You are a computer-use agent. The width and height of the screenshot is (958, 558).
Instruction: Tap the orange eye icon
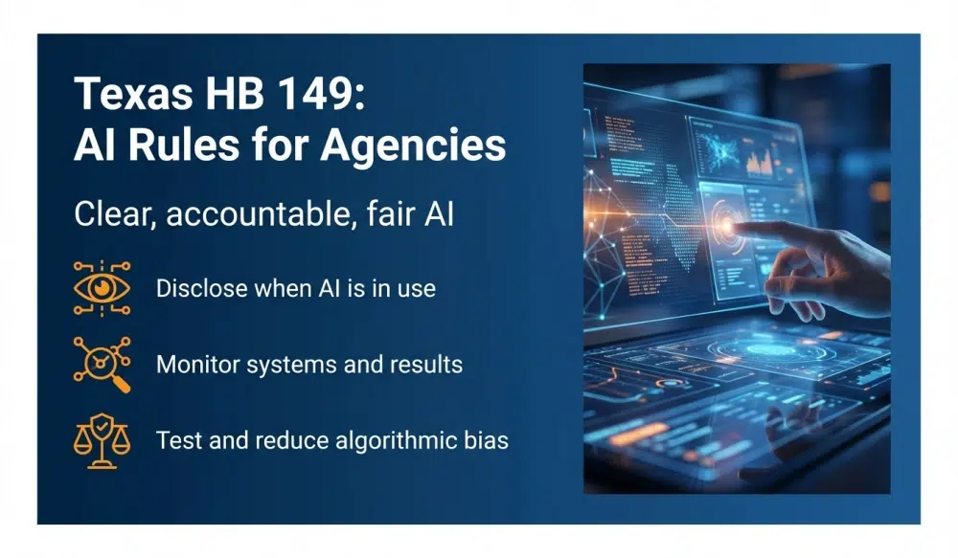(x=102, y=286)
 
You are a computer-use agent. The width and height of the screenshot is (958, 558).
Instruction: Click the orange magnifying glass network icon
(x=102, y=364)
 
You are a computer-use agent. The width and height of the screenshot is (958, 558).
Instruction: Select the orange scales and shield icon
(x=102, y=440)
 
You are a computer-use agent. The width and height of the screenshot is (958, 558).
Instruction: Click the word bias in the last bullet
(x=485, y=440)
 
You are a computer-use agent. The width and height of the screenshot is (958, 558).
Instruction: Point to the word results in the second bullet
(x=428, y=364)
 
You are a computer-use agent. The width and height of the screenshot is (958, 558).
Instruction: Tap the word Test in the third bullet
(x=175, y=440)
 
